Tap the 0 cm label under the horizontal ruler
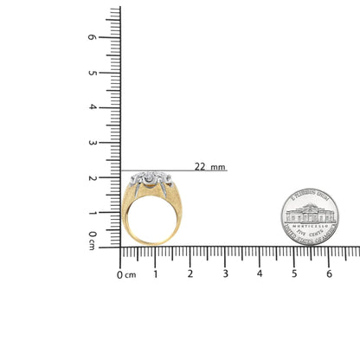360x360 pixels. pyautogui.click(x=126, y=274)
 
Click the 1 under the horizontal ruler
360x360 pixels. pyautogui.click(x=156, y=273)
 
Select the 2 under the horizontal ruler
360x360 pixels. pyautogui.click(x=190, y=273)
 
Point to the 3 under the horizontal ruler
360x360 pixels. pyautogui.click(x=225, y=273)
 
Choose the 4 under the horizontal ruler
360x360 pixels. pyautogui.click(x=260, y=273)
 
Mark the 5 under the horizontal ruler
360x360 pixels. pyautogui.click(x=294, y=273)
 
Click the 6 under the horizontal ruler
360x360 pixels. pyautogui.click(x=329, y=273)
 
